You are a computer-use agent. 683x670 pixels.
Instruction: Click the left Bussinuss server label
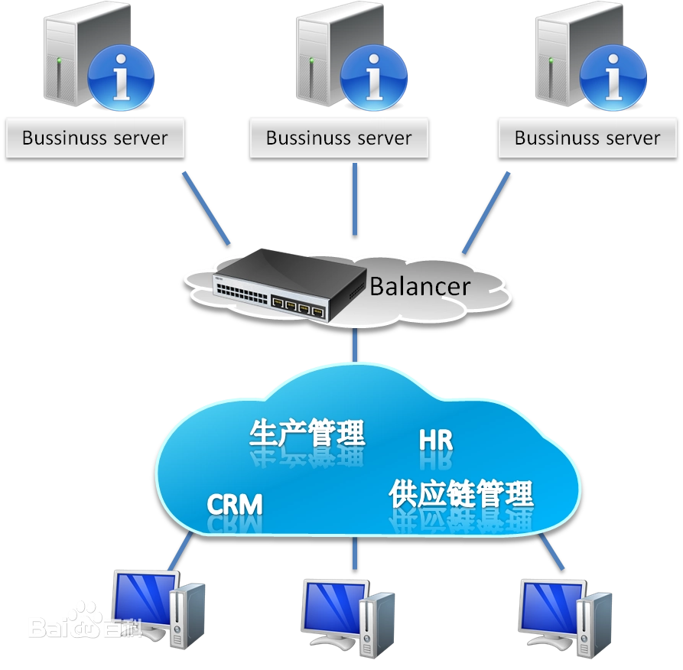(95, 138)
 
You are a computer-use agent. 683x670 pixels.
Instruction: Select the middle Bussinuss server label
(339, 138)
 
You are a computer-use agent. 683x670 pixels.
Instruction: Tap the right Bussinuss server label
(587, 138)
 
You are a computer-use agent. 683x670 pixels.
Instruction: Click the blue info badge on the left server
(121, 78)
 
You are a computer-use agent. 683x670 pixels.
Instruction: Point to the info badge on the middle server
(373, 78)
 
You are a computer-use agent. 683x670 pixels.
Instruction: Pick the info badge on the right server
(613, 78)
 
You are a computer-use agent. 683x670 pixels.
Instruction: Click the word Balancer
(419, 287)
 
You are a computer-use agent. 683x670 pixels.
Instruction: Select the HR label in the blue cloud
(436, 441)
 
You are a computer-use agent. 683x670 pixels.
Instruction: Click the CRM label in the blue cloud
(235, 505)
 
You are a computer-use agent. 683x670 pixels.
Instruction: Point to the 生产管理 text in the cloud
(307, 433)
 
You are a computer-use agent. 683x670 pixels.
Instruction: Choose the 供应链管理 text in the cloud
(460, 494)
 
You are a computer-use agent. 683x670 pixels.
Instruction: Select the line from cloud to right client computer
(551, 551)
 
